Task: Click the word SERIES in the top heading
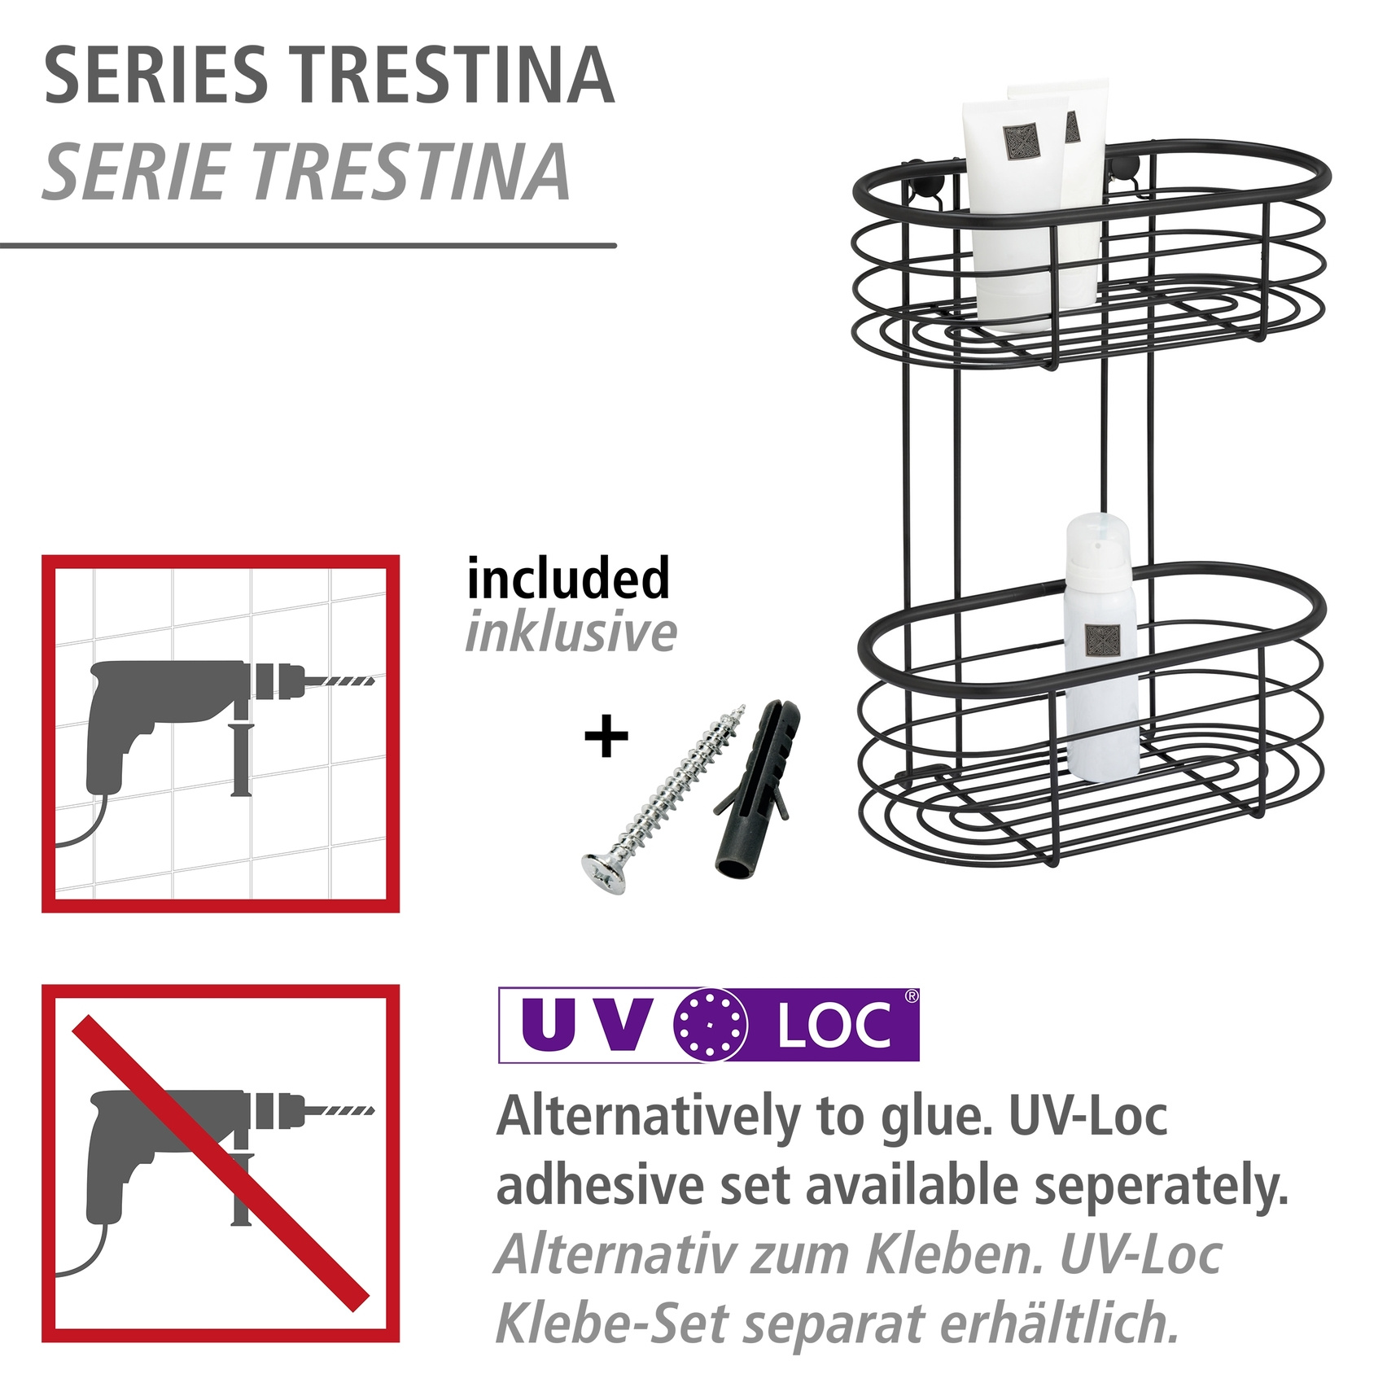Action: [x=155, y=76]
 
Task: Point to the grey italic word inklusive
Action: [x=571, y=632]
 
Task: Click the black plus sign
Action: [x=606, y=737]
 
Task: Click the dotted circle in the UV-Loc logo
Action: [x=711, y=1025]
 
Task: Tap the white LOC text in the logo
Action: [x=834, y=1026]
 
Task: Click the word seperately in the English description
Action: [x=1162, y=1186]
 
